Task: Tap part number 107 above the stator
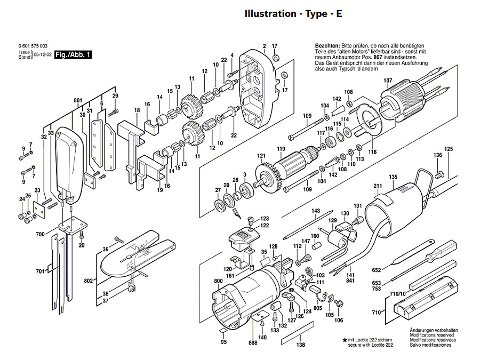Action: coord(388,81)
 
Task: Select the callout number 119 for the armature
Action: coord(281,148)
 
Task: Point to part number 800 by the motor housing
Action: coord(218,281)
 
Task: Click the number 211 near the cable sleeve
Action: coord(378,186)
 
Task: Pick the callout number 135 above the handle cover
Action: coord(393,177)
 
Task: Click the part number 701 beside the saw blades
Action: coord(40,271)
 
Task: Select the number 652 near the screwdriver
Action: coord(377,270)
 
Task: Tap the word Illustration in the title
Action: coord(269,14)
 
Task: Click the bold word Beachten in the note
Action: coord(327,46)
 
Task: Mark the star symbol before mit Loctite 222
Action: coord(345,339)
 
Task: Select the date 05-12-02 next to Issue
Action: coord(43,55)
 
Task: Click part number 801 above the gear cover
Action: coord(78,100)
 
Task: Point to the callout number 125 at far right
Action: coord(449,148)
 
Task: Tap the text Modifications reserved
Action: coord(431,335)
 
